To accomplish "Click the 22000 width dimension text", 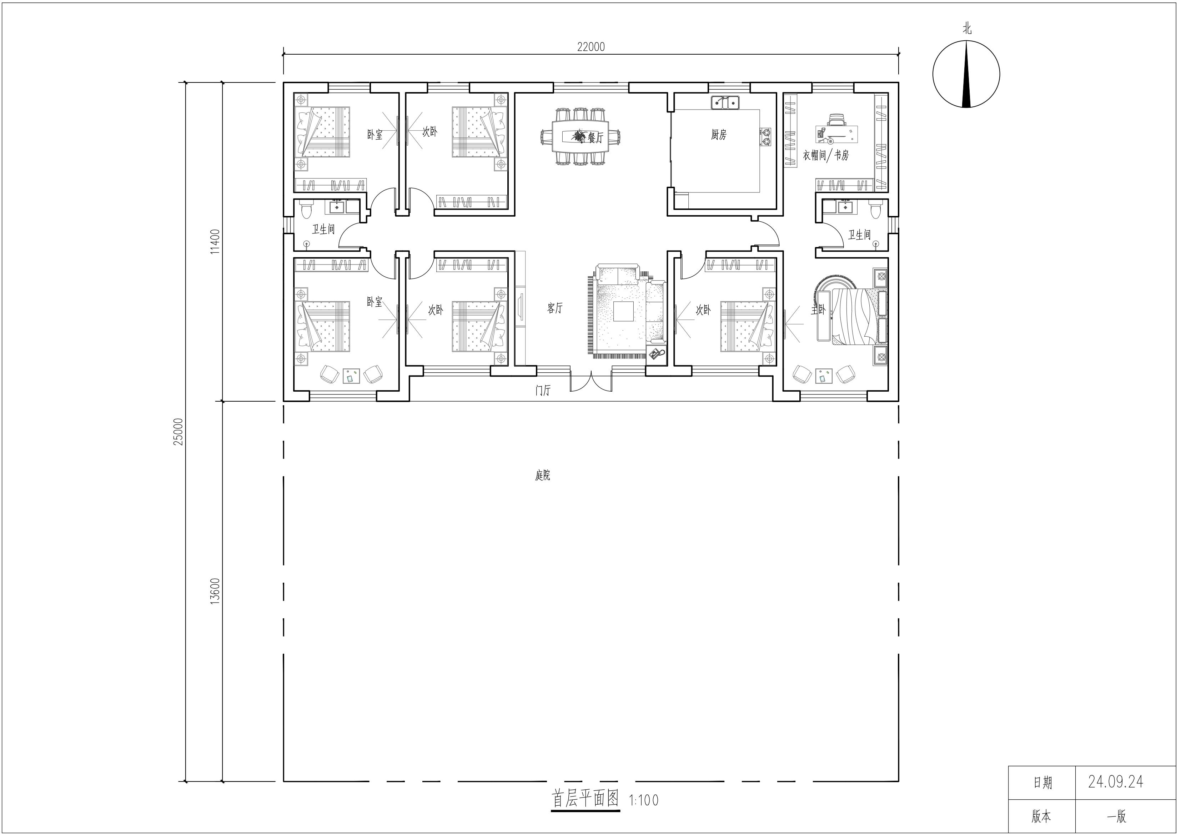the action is pyautogui.click(x=591, y=47).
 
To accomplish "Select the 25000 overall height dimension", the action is pyautogui.click(x=178, y=431).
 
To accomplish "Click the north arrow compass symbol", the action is pyautogui.click(x=966, y=74).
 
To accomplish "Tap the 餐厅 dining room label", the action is pyautogui.click(x=595, y=137).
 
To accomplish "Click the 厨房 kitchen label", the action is pyautogui.click(x=719, y=135).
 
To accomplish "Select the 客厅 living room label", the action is pyautogui.click(x=555, y=308).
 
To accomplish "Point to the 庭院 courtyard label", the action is pyautogui.click(x=543, y=476).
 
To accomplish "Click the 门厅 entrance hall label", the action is pyautogui.click(x=543, y=391).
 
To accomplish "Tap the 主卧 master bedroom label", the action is pyautogui.click(x=818, y=310).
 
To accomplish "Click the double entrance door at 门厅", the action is pyautogui.click(x=591, y=382).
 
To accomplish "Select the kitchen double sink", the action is pyautogui.click(x=725, y=102).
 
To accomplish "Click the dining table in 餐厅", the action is pyautogui.click(x=580, y=136).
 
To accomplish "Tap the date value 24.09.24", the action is pyautogui.click(x=1116, y=782).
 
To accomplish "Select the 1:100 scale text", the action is pyautogui.click(x=643, y=800).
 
